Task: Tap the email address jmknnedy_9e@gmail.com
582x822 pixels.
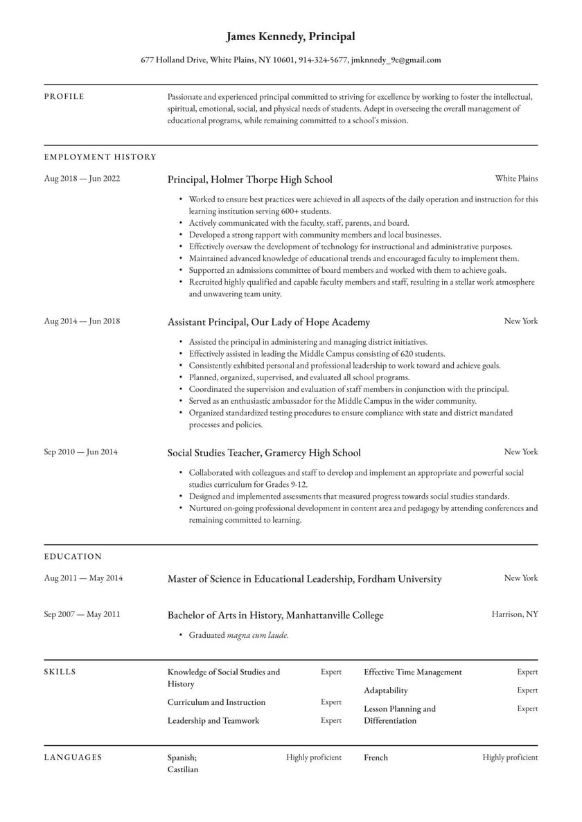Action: tap(396, 60)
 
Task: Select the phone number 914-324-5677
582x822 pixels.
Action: tap(323, 60)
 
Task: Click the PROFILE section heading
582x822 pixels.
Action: tap(64, 97)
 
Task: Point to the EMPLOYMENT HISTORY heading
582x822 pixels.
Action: tap(100, 157)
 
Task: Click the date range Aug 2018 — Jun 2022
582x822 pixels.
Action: tap(82, 179)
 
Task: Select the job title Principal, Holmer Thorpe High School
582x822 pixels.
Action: tap(249, 179)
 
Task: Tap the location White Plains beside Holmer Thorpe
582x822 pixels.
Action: tap(516, 179)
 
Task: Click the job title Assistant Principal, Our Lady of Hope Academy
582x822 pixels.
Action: tap(268, 322)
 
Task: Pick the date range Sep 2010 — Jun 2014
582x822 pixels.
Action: tap(80, 452)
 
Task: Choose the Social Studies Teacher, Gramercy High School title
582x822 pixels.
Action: tap(264, 453)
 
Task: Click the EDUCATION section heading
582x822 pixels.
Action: tap(73, 557)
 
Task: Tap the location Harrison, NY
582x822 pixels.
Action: tap(514, 614)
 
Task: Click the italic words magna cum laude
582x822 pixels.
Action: tap(256, 635)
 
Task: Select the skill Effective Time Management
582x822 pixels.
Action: tap(412, 672)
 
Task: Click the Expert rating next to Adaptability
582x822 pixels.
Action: tap(527, 690)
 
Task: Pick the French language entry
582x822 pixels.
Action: tap(376, 758)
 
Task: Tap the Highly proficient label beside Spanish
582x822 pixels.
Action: tap(313, 758)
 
